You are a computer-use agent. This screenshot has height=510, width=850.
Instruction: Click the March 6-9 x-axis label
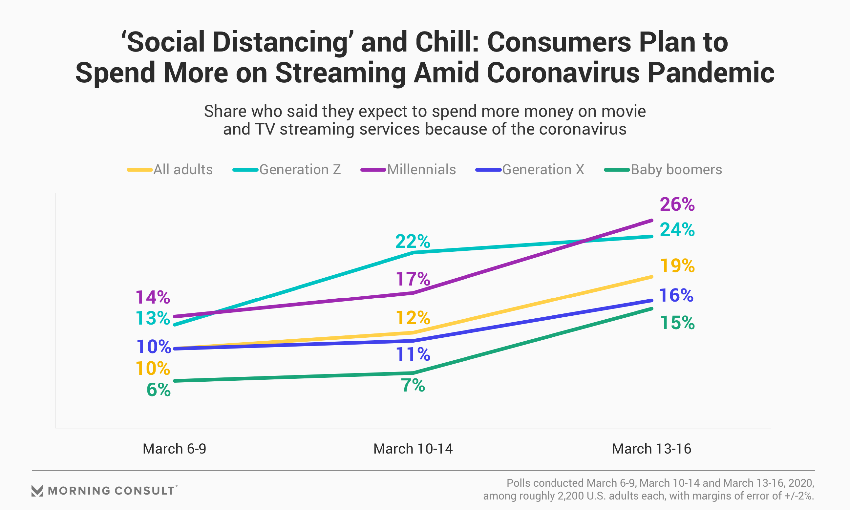coord(174,449)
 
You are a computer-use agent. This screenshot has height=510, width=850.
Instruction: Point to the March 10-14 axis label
coord(413,449)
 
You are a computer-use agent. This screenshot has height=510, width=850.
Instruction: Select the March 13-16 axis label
coord(651,449)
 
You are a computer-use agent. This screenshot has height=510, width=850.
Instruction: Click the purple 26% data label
coord(677,205)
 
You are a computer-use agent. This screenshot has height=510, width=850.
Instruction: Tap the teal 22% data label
coord(412,242)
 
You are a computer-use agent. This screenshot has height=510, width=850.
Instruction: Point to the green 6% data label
coord(158,390)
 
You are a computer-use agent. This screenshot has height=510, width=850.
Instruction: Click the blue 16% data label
coord(676,296)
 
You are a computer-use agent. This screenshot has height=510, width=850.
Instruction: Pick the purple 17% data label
coord(413,279)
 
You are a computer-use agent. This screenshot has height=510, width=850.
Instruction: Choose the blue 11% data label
coord(413,354)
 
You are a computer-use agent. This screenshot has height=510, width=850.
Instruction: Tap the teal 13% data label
coord(153,318)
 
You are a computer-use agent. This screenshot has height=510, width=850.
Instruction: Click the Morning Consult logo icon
coord(37,491)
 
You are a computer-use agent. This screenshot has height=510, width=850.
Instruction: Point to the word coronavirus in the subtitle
coord(582,129)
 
